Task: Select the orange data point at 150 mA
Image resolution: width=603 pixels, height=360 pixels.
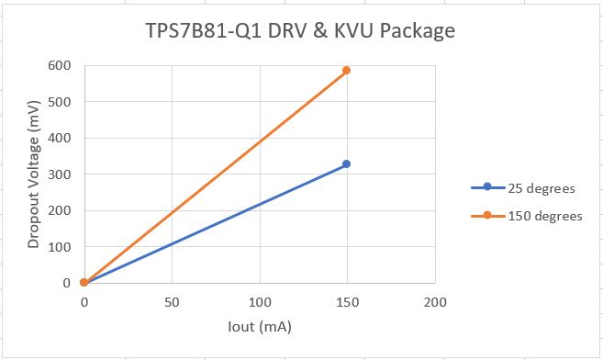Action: pyautogui.click(x=347, y=71)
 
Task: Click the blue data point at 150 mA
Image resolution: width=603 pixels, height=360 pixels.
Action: pyautogui.click(x=347, y=164)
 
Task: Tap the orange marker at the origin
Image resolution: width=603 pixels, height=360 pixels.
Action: pyautogui.click(x=84, y=282)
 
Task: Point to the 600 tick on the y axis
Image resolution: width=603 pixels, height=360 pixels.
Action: pyautogui.click(x=61, y=66)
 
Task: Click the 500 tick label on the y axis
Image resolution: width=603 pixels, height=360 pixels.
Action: pyautogui.click(x=61, y=102)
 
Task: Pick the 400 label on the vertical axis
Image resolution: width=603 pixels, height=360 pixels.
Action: pyautogui.click(x=61, y=138)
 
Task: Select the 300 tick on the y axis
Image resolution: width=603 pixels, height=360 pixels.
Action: pyautogui.click(x=61, y=174)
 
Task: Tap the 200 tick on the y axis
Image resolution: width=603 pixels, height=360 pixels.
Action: pyautogui.click(x=61, y=210)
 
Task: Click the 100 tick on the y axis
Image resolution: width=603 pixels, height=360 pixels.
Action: pyautogui.click(x=61, y=246)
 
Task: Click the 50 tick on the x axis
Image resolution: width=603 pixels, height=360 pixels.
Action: pyautogui.click(x=172, y=301)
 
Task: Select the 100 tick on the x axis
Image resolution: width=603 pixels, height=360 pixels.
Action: pyautogui.click(x=260, y=301)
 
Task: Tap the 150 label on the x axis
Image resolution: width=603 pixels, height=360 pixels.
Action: pyautogui.click(x=347, y=301)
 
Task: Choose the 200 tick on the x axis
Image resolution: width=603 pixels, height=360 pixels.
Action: pyautogui.click(x=435, y=301)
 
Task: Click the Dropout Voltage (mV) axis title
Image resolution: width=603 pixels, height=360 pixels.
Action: pyautogui.click(x=33, y=174)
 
